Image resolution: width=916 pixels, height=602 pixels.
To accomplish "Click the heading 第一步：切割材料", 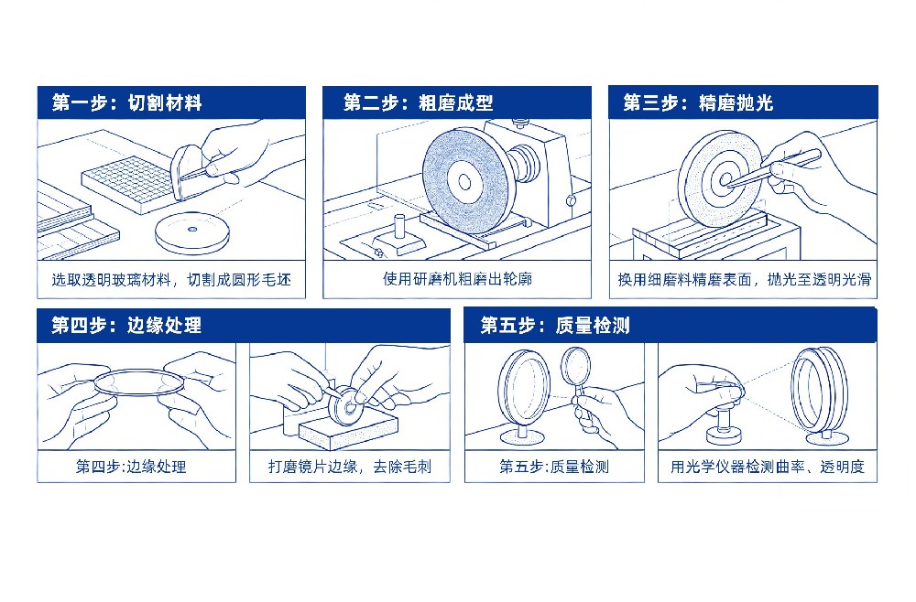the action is (x=126, y=103).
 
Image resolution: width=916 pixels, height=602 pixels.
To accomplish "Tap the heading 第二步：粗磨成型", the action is (x=419, y=103).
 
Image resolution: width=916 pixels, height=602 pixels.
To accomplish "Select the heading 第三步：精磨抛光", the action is (x=698, y=103).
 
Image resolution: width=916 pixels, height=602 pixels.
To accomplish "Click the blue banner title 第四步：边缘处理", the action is (x=126, y=326).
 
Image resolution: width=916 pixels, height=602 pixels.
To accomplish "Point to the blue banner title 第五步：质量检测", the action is (x=555, y=326).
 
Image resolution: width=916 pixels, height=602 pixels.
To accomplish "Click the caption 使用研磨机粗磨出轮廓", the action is (x=457, y=279).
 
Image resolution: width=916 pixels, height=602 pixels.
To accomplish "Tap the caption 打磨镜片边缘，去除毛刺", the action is (x=350, y=467).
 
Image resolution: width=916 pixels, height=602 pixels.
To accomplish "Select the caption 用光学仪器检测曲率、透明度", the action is (x=767, y=467).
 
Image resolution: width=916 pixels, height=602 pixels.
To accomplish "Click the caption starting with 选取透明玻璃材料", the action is (x=171, y=280).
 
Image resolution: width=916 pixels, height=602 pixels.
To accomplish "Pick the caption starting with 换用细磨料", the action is (x=744, y=280).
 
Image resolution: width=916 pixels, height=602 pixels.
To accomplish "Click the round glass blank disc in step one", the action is (x=192, y=232).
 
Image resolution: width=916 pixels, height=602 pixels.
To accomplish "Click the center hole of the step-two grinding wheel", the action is (x=464, y=181).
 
